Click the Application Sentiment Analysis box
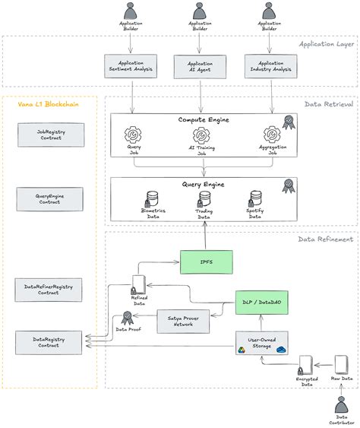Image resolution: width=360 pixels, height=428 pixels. click(x=131, y=65)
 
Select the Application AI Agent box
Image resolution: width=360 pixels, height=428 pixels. click(x=201, y=65)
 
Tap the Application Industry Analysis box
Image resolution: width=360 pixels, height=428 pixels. click(x=270, y=65)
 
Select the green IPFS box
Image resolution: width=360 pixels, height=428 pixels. click(x=206, y=262)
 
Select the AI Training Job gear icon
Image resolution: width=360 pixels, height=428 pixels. click(x=201, y=136)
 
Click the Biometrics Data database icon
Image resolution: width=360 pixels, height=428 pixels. click(x=152, y=198)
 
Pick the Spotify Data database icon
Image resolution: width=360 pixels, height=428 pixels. click(x=256, y=198)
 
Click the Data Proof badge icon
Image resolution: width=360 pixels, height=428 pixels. click(x=127, y=318)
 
